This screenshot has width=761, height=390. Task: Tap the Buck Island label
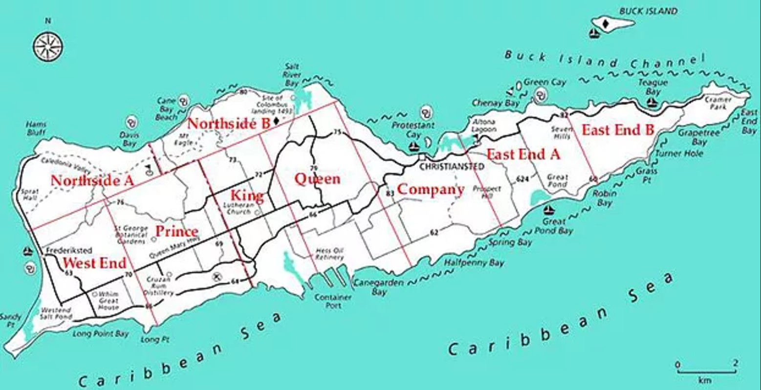648,11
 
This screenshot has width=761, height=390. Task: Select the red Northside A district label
92,180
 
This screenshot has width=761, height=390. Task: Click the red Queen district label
317,178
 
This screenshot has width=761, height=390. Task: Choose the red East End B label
618,130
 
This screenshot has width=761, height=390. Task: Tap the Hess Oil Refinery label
329,254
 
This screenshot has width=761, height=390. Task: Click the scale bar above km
706,371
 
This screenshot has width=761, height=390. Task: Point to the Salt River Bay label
292,75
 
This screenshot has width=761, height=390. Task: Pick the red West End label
94,263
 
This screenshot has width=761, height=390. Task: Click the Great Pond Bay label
553,226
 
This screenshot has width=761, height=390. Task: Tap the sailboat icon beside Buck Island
594,34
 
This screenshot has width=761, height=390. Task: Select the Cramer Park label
718,103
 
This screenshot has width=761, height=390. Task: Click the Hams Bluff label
37,128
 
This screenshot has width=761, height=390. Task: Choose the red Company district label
430,189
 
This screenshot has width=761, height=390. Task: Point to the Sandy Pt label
10,320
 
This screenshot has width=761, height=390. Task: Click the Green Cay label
545,82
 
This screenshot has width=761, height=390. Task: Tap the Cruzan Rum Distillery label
160,286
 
